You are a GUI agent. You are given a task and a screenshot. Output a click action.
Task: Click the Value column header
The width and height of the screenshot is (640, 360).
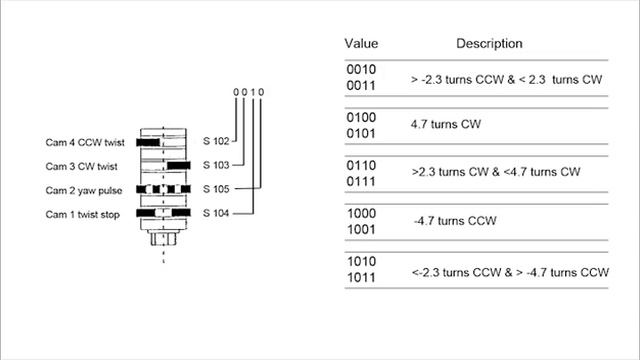[x=361, y=43]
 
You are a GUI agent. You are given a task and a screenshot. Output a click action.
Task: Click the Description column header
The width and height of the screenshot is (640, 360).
[x=489, y=43]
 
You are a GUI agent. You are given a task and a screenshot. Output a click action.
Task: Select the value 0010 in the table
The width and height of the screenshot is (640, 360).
[x=361, y=69]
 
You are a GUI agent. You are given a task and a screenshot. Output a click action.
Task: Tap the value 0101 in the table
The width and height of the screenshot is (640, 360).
[x=361, y=133]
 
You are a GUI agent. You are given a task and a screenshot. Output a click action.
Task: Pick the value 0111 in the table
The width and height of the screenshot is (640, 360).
[x=361, y=181]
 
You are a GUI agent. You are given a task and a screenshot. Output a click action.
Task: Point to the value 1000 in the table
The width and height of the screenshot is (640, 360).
[x=361, y=213]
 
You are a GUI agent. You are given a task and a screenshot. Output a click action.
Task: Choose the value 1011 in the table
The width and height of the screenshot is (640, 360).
[x=361, y=278]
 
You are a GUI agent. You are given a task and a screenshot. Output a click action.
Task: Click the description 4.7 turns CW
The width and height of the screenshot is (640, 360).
[x=446, y=124]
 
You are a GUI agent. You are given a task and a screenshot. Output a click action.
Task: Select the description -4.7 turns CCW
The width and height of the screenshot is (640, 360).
[x=455, y=221]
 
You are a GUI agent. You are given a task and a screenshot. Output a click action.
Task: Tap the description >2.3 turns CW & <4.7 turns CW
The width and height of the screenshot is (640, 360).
[x=496, y=172]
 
